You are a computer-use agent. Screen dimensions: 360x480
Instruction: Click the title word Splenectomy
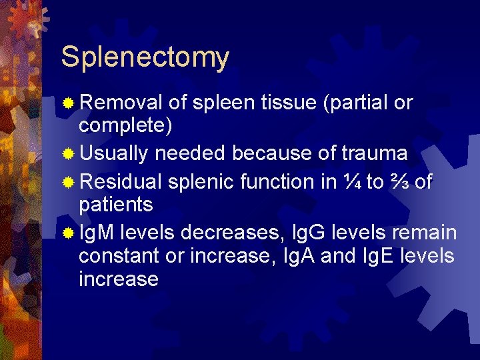145,57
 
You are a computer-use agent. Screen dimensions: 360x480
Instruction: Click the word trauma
374,153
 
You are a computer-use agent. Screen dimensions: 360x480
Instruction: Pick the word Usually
114,153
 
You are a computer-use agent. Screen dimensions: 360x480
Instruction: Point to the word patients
116,204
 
